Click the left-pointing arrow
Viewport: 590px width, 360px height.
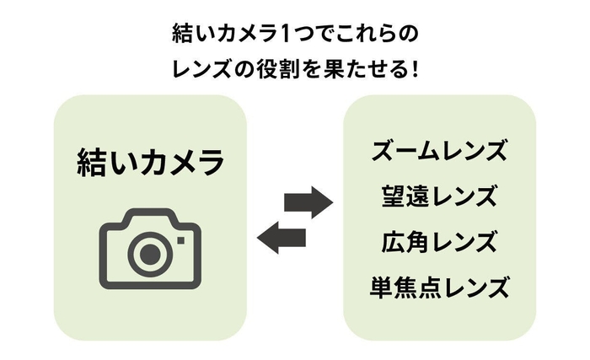281,238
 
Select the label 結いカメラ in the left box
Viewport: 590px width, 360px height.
150,160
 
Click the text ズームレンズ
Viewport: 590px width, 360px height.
439,152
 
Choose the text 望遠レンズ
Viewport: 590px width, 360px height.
439,197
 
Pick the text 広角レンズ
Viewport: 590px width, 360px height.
439,243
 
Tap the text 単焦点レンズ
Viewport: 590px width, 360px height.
439,288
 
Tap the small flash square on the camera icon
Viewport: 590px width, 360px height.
180,239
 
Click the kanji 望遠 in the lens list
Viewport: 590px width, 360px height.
400,197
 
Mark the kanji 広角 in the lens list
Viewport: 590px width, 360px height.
400,243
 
